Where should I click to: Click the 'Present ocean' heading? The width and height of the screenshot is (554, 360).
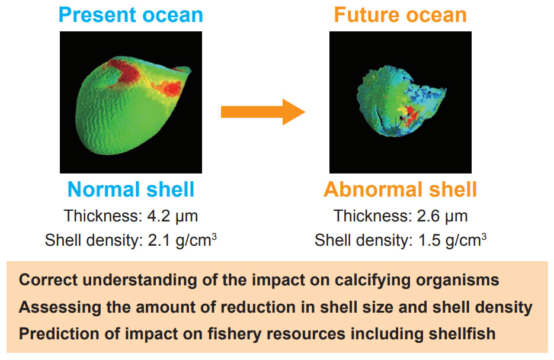pos(130,15)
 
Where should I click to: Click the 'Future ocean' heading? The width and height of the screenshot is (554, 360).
pos(400,15)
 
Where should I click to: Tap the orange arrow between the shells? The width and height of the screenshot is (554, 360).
pos(262,111)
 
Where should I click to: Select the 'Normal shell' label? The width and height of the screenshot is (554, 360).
pos(131,189)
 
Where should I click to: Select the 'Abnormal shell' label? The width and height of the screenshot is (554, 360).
pos(400,189)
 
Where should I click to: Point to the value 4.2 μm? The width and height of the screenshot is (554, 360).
pos(173,216)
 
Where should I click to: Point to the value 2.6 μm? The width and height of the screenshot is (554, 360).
pos(443,216)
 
